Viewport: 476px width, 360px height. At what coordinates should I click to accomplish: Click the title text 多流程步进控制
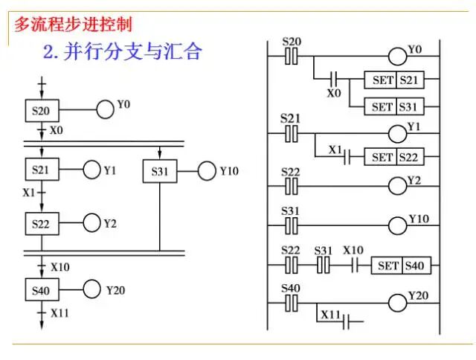click(73, 24)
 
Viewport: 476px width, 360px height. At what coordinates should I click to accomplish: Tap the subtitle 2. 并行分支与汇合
click(122, 52)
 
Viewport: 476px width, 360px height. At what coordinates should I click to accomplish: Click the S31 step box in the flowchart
click(160, 171)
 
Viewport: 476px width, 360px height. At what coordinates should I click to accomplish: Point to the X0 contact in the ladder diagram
click(334, 79)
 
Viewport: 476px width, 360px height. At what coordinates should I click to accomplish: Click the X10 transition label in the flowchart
click(60, 266)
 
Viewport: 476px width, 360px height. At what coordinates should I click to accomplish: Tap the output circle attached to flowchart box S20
click(106, 112)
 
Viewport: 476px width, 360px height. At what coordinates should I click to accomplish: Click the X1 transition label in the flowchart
click(29, 192)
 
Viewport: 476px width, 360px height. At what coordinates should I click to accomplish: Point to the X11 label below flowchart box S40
click(60, 313)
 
